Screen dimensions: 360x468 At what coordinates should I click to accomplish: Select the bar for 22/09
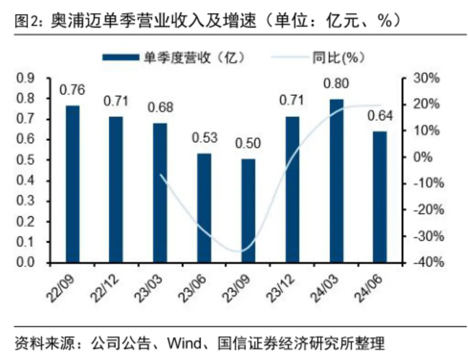[72, 184]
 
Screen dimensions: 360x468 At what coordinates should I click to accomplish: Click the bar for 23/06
[204, 208]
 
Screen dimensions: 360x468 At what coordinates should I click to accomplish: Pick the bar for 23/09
[248, 211]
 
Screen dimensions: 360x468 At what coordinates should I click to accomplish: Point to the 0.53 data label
[205, 138]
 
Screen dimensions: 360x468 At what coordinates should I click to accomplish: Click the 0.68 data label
[160, 107]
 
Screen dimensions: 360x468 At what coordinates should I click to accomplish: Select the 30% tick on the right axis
[426, 78]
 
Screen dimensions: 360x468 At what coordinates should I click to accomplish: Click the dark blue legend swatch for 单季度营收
[120, 57]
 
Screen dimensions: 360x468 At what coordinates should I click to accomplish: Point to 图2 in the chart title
[22, 21]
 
